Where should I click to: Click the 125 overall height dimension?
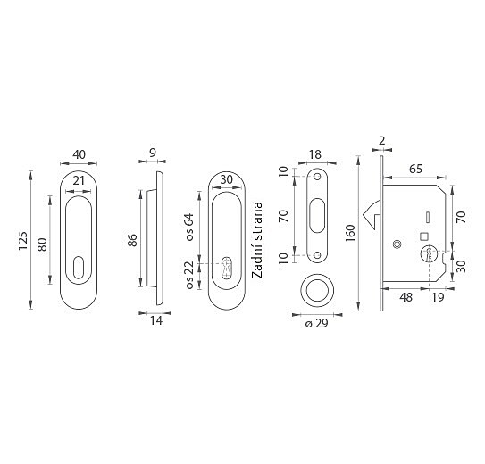click(23, 241)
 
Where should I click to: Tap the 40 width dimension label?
click(79, 154)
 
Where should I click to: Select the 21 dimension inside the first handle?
click(79, 180)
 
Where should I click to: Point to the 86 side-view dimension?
click(132, 240)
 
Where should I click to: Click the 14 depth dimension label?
click(156, 320)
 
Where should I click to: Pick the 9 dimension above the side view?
click(153, 153)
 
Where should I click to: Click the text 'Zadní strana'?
click(257, 240)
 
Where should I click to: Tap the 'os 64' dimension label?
click(189, 227)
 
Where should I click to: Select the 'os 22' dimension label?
click(189, 275)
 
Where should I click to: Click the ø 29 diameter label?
click(316, 323)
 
